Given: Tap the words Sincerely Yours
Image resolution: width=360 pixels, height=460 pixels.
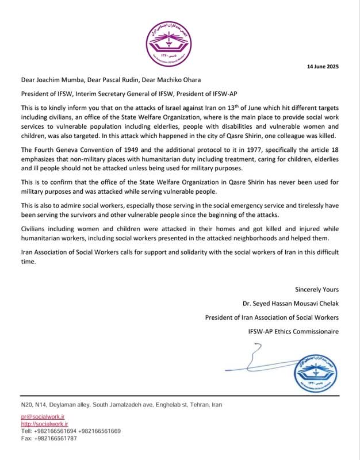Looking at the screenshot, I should (317, 289).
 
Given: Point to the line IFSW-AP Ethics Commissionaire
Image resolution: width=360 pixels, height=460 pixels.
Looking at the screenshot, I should (289, 331).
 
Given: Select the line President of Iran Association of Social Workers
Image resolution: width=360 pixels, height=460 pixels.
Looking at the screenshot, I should (272, 317).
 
